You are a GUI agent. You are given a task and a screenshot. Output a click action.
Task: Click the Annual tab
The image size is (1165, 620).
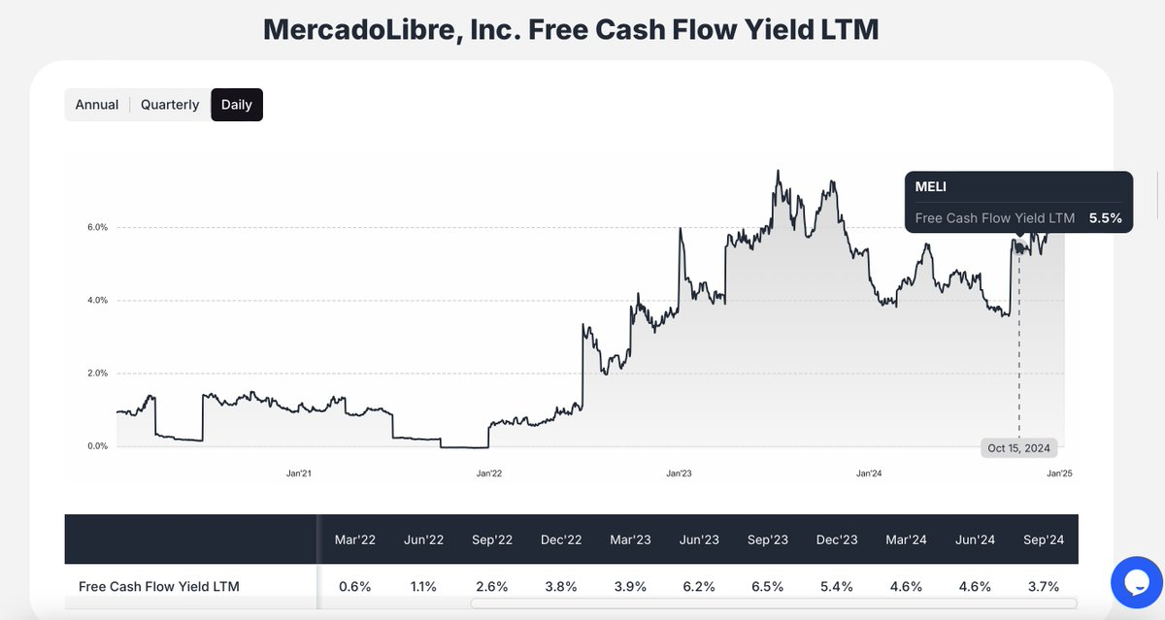pos(97,105)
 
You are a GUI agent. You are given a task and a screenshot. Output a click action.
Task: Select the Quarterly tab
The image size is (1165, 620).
pos(170,105)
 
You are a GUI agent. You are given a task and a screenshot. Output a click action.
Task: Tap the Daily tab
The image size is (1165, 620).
pos(237,105)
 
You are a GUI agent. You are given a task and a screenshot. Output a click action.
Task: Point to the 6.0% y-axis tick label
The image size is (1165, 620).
pos(98,227)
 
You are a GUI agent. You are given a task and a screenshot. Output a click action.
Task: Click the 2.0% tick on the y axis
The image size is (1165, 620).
pos(98,374)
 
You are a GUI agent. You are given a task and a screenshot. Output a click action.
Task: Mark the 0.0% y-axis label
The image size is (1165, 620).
pos(98,446)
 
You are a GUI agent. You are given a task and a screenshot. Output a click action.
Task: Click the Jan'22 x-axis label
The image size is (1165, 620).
pos(489,473)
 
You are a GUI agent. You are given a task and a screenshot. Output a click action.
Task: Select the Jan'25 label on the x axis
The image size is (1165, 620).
pos(1058,473)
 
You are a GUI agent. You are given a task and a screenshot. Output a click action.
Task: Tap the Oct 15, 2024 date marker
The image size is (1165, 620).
pos(1018,448)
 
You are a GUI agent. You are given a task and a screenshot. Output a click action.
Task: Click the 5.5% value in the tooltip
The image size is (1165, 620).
pos(1105,218)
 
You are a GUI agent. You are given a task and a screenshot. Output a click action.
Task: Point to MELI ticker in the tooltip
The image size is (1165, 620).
pos(930,186)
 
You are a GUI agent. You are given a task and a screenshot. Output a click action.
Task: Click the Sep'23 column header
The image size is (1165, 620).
pos(768,539)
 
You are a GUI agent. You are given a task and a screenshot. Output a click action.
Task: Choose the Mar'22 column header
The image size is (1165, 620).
pos(354,539)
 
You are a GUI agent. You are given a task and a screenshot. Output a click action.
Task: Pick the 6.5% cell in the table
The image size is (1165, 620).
pos(768,586)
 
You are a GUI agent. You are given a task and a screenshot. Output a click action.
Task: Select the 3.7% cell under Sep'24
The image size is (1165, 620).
pos(1044,586)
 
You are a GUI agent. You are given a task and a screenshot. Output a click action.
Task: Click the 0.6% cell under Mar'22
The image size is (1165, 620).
pos(354,586)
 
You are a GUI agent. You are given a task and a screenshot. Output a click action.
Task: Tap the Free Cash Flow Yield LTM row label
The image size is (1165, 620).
pos(159,586)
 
